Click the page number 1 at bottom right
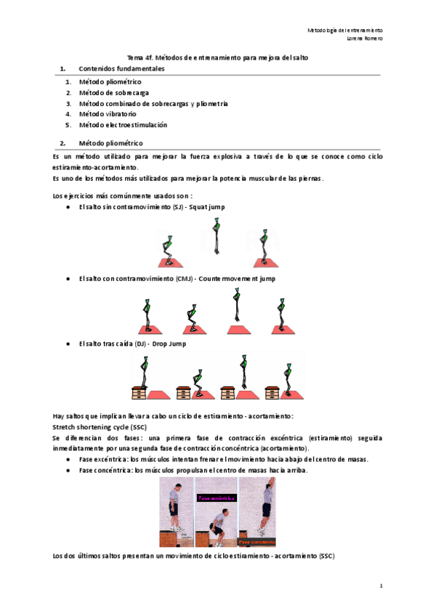[381, 585]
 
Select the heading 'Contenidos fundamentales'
[122, 68]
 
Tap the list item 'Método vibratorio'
[108, 114]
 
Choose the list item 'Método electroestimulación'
[118, 125]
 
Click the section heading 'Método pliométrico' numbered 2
[111, 143]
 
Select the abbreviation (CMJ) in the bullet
[184, 279]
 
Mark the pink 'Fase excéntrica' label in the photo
[218, 498]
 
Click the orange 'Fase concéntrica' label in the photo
[257, 541]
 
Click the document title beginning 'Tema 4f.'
[218, 57]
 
